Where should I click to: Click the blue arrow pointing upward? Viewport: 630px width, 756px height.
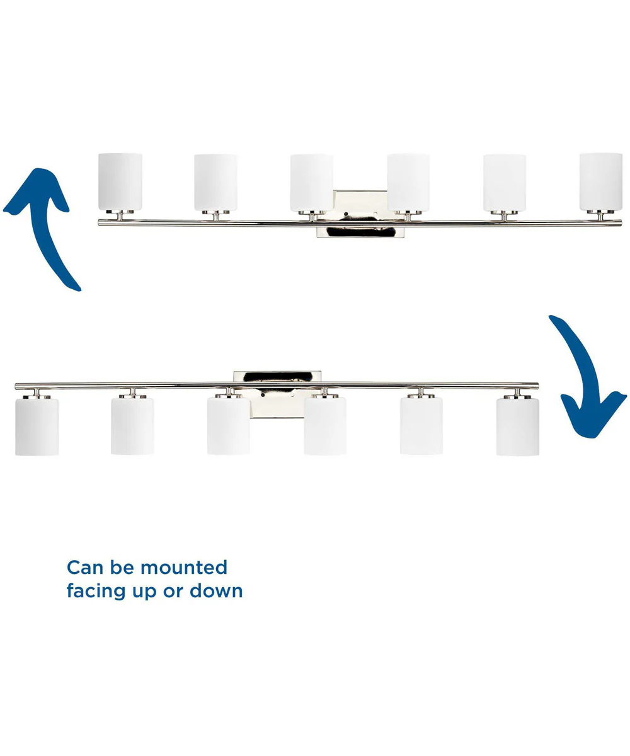point(47,232)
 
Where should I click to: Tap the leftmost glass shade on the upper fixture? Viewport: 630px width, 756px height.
point(120,182)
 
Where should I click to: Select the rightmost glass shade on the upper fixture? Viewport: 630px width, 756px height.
point(600,182)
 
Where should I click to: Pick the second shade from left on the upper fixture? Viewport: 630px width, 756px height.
point(216,183)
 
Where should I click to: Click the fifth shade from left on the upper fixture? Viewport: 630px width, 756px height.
point(505,183)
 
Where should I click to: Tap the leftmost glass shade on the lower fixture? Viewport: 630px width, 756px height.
point(37,427)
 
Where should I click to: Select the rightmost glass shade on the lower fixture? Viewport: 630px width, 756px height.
point(518,427)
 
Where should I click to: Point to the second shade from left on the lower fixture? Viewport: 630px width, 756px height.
point(132,426)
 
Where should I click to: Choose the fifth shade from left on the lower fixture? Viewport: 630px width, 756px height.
point(421,426)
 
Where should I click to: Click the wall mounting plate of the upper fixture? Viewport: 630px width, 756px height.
point(360,214)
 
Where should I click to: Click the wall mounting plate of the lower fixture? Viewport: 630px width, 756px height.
point(277,394)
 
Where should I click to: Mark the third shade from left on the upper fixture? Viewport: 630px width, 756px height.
point(312,183)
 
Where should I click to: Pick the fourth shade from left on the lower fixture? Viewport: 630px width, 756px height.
point(325,426)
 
